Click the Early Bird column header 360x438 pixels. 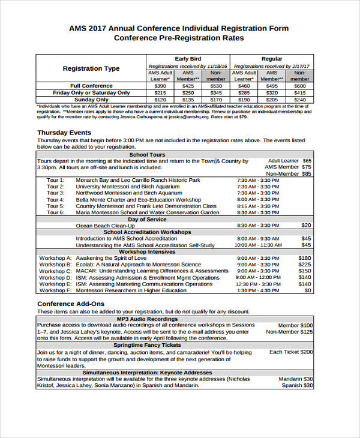point(188,59)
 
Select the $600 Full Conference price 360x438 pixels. point(299,86)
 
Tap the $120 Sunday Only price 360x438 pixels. point(160,100)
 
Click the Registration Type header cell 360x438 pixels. point(91,68)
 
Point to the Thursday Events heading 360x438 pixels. point(64,133)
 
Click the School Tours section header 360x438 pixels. point(147,154)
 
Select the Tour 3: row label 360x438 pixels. point(56,193)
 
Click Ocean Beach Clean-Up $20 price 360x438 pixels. point(306,225)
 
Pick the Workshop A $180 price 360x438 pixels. point(304,258)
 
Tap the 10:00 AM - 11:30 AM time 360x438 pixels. point(258,245)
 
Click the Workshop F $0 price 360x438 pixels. point(307,290)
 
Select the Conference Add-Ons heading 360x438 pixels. point(71,304)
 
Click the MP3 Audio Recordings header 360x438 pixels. point(147,319)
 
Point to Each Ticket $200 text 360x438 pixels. point(291,352)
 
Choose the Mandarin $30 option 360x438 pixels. point(296,379)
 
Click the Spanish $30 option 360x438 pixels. point(297,386)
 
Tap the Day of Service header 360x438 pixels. point(147,219)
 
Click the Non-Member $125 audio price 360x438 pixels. point(289,332)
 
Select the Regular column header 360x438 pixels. point(272,59)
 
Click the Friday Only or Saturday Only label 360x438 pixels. point(91,93)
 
